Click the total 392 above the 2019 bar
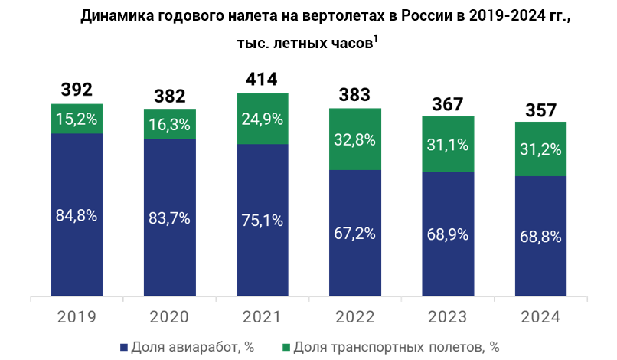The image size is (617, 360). [x=77, y=90]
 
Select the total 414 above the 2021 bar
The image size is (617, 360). [x=262, y=79]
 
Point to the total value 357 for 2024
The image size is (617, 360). [x=540, y=109]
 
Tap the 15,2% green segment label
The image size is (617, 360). [x=77, y=119]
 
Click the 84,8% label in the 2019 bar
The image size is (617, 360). [x=77, y=215]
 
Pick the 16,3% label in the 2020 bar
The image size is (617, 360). [x=169, y=124]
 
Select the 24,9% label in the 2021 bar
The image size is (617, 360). [x=262, y=119]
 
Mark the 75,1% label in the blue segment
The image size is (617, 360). [x=262, y=221]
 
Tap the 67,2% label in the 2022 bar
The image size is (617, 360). [x=354, y=234]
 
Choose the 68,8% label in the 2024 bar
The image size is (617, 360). [x=540, y=237]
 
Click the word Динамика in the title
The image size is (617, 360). [x=119, y=16]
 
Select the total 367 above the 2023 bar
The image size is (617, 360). [x=448, y=103]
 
